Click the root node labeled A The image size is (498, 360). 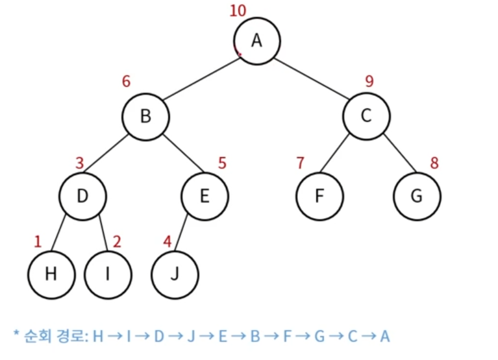[256, 40]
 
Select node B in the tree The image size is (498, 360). [145, 117]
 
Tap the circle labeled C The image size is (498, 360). [367, 117]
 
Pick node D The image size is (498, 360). [82, 195]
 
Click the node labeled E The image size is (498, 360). [205, 195]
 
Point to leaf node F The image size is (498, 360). [319, 195]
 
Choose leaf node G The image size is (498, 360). [417, 195]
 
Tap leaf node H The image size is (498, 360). [51, 274]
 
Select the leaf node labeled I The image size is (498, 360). [107, 274]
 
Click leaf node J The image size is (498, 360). [175, 274]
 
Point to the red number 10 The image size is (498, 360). [238, 10]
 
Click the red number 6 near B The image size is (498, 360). [126, 82]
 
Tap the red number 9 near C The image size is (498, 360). [369, 82]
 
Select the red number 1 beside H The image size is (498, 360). [37, 242]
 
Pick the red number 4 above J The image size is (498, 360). [168, 242]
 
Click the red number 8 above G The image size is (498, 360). [434, 163]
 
